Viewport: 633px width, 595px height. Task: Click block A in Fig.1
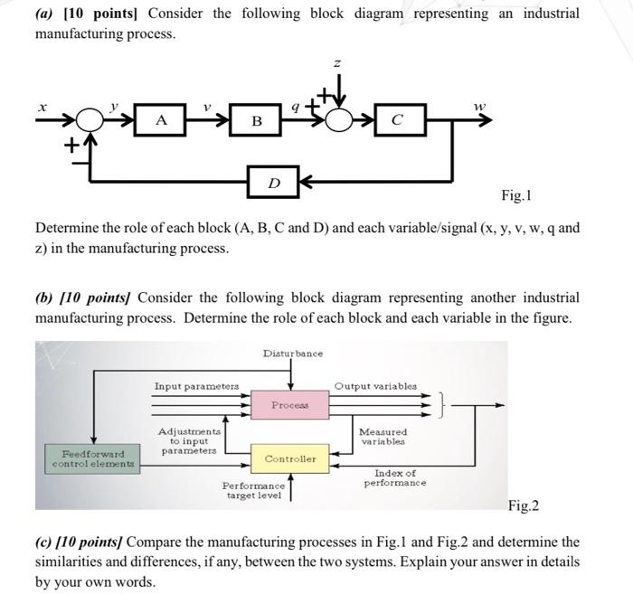[x=160, y=120]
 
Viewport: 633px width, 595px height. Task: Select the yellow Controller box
[x=290, y=459]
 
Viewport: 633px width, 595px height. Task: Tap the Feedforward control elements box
[x=88, y=458]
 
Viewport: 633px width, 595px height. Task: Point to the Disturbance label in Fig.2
[x=292, y=354]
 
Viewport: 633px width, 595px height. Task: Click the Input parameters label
[x=196, y=386]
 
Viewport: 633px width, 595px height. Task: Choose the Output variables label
[x=374, y=386]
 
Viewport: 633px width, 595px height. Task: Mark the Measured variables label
[x=383, y=437]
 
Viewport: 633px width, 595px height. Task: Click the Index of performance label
[x=395, y=477]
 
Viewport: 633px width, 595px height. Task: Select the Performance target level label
[x=253, y=491]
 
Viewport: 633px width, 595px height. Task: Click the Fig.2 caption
[x=524, y=505]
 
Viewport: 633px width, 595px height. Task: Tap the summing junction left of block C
[x=338, y=120]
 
